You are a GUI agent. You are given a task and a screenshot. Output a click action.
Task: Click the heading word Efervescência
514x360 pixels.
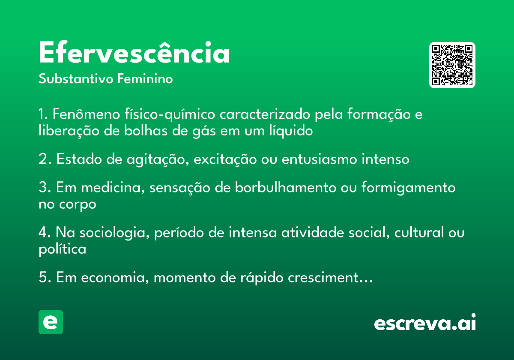[134, 52]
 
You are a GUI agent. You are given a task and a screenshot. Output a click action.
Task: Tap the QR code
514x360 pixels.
[452, 65]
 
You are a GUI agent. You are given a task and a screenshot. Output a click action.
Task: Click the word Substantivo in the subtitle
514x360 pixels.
[76, 79]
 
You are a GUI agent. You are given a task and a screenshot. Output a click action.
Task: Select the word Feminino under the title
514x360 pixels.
[145, 78]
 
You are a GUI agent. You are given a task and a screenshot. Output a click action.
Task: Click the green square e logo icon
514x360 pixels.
[51, 322]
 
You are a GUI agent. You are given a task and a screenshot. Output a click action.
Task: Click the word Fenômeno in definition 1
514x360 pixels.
[86, 114]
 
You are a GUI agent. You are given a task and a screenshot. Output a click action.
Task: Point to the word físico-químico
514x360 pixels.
[170, 114]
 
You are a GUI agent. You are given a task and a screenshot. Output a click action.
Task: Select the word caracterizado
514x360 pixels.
[265, 114]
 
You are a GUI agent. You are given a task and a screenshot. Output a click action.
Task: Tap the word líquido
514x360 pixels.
[291, 131]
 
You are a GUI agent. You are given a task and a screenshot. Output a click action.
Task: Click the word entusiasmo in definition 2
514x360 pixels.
[320, 159]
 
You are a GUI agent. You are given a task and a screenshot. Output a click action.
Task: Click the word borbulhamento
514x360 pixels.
[285, 187]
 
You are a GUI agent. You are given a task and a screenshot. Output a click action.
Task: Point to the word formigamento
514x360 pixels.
[409, 188]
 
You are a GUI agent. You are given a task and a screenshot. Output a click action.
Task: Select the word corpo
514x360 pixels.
[78, 205]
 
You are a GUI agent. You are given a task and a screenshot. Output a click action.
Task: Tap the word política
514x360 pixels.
[63, 249]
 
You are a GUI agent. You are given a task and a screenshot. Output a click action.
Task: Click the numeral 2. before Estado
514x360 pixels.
[45, 159]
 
